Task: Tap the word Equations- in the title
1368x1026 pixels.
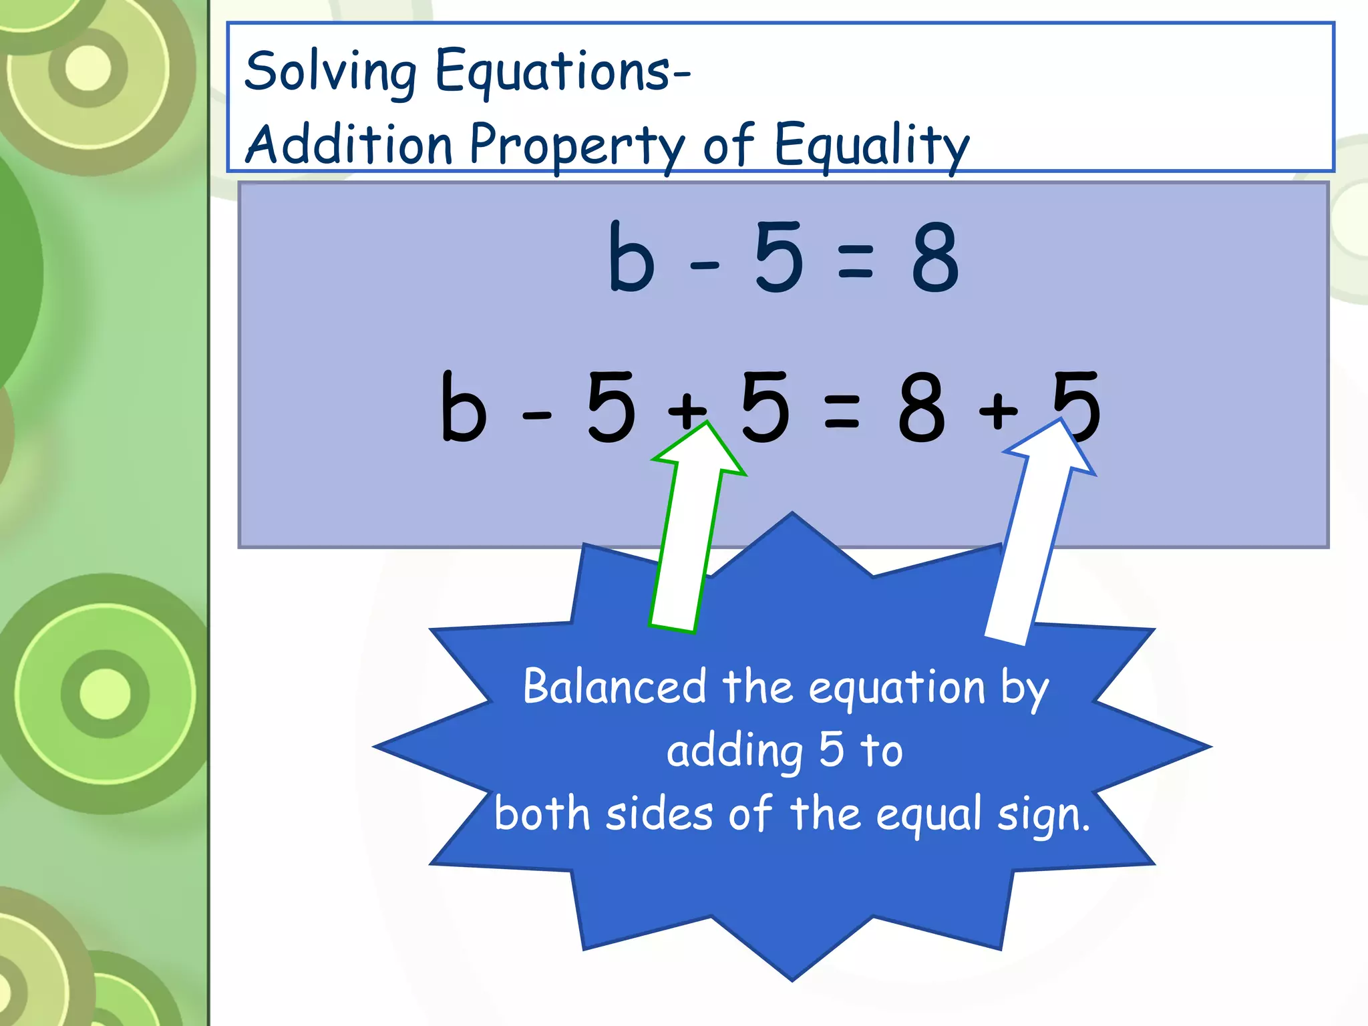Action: pyautogui.click(x=563, y=71)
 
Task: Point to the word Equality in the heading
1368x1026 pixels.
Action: pyautogui.click(x=872, y=145)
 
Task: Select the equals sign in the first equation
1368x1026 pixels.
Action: pyautogui.click(x=855, y=261)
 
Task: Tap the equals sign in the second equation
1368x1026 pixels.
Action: pyautogui.click(x=842, y=410)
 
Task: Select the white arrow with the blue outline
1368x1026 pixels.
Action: pyautogui.click(x=1032, y=534)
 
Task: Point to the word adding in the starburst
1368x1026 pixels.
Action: pyautogui.click(x=735, y=751)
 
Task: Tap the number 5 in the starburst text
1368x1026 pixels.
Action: pyautogui.click(x=832, y=749)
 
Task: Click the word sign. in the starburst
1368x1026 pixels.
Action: pyautogui.click(x=1043, y=815)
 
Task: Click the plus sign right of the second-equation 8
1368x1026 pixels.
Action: pyautogui.click(x=998, y=410)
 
